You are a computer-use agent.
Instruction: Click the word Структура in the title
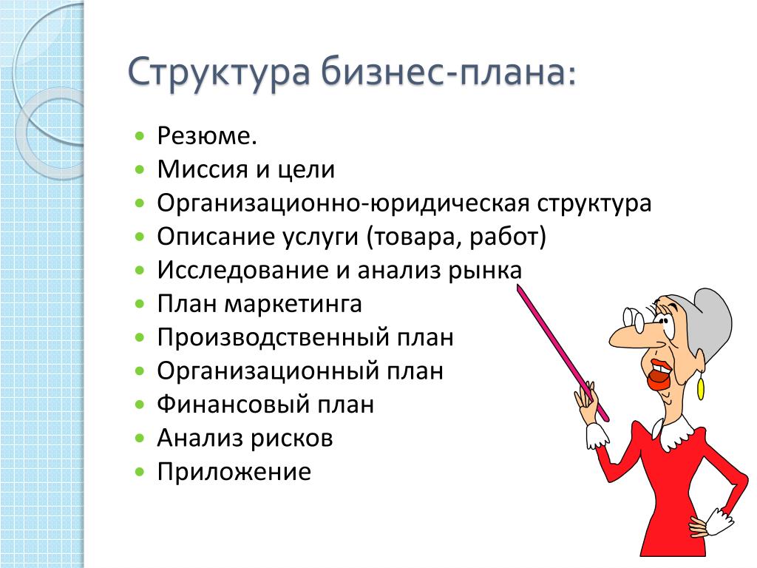(x=219, y=72)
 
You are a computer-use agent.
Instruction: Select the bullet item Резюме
(x=207, y=136)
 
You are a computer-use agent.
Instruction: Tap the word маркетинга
(x=293, y=304)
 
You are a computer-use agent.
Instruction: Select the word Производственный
(x=274, y=337)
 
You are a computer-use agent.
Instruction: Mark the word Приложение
(x=234, y=472)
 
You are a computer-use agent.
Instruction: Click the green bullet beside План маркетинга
(x=140, y=304)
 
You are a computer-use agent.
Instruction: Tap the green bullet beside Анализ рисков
(x=140, y=439)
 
